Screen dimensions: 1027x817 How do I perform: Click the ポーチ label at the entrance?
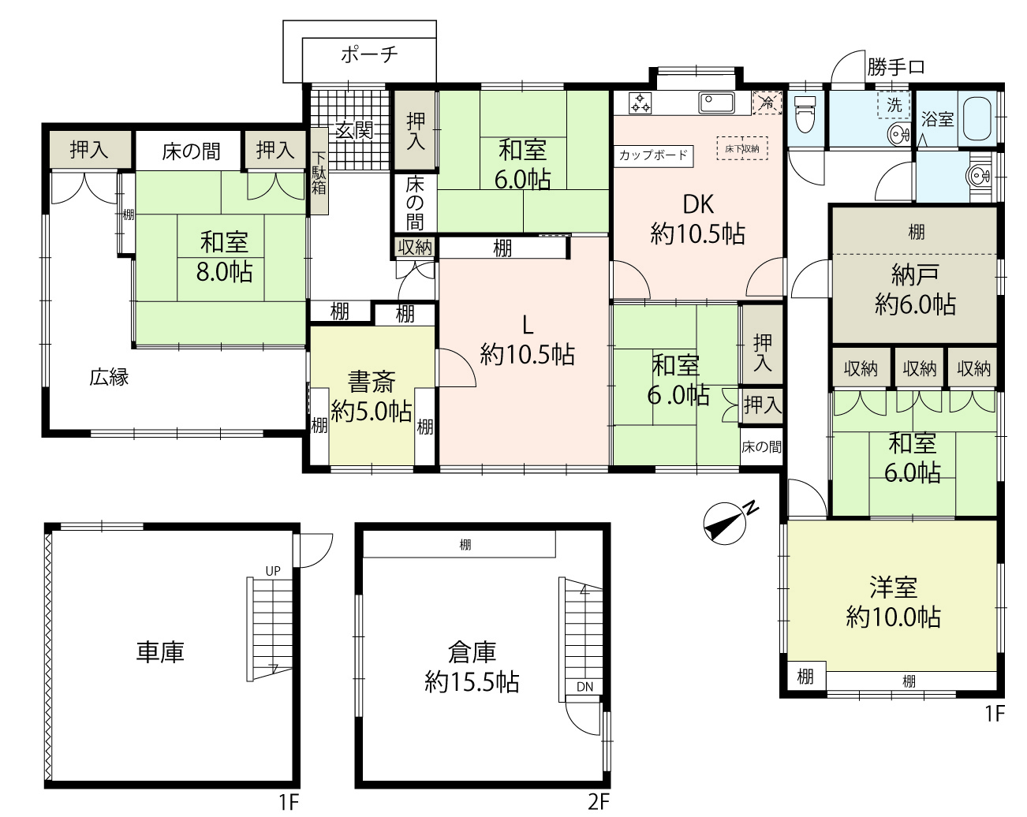click(369, 55)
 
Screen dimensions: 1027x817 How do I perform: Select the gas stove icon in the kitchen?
click(640, 103)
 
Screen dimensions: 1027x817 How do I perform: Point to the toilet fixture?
click(805, 114)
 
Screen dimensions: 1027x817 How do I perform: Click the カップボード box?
click(653, 155)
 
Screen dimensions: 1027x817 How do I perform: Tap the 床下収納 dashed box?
click(742, 148)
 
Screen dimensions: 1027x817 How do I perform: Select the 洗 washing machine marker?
click(894, 105)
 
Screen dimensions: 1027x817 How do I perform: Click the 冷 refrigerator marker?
click(767, 103)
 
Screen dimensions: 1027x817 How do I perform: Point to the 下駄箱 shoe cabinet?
click(319, 172)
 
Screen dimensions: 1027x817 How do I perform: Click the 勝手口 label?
click(896, 67)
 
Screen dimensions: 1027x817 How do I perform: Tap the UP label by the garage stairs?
click(273, 571)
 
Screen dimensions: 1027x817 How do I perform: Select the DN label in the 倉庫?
click(584, 687)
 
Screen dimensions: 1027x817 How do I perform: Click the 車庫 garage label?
click(160, 652)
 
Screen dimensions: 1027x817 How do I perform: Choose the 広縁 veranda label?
click(110, 377)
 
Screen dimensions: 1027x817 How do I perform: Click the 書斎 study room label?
click(372, 382)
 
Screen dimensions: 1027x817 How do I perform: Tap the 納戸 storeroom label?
click(915, 275)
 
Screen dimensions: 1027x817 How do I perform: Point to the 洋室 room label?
click(894, 588)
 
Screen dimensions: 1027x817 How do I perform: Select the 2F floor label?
click(599, 801)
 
